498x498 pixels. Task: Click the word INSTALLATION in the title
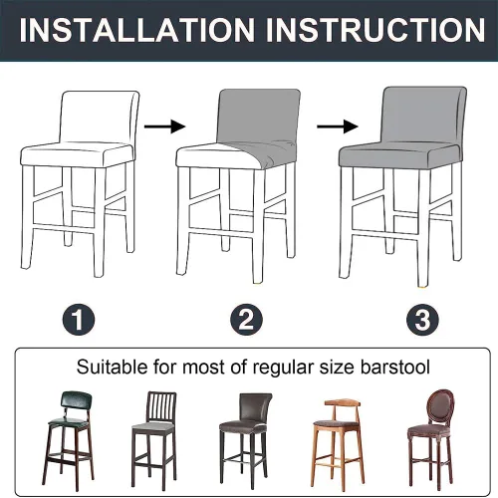pos(137,30)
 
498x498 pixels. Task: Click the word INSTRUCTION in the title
pos(375,30)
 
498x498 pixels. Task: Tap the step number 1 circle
pos(79,320)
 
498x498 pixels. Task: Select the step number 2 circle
pos(246,320)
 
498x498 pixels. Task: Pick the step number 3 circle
pos(422,320)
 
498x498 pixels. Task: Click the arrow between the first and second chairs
pos(164,126)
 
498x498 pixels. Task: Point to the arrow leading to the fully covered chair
pos(338,126)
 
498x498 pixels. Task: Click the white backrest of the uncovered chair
pos(99,117)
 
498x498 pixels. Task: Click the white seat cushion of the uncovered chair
pos(78,154)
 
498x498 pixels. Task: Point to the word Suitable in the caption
pos(112,368)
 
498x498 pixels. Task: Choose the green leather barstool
pos(69,440)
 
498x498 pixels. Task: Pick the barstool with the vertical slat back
pos(153,440)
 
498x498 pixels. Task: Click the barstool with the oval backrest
pos(430,438)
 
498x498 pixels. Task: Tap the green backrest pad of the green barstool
pos(76,402)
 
